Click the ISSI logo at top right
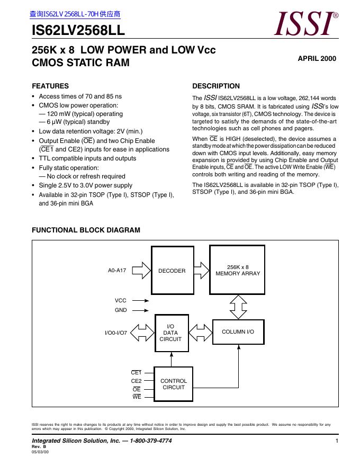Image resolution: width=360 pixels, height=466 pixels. (x=306, y=24)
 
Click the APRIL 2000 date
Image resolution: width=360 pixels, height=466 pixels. (x=317, y=59)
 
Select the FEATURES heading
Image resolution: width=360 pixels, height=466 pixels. (x=50, y=86)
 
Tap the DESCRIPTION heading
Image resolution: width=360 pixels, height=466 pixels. (x=216, y=86)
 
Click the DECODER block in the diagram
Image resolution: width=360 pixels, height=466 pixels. (x=172, y=271)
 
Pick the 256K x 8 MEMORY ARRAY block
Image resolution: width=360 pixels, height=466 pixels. (x=238, y=270)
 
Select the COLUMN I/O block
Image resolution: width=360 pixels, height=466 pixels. (x=238, y=331)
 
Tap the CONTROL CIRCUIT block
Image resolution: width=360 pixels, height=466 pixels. (x=174, y=384)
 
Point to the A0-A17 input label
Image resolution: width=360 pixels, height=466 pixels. (x=117, y=271)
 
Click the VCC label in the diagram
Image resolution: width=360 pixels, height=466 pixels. (x=121, y=300)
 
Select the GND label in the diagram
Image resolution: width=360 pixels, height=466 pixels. (x=121, y=310)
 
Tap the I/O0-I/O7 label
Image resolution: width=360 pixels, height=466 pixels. (x=116, y=333)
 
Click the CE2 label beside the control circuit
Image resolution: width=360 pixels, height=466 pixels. (x=136, y=381)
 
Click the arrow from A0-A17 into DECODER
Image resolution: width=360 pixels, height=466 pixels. (x=141, y=271)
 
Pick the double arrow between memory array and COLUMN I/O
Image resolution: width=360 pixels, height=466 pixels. (x=238, y=306)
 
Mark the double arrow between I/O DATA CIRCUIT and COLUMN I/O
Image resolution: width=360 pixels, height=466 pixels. (x=200, y=332)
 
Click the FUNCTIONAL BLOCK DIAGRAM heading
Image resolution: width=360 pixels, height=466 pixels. (x=86, y=230)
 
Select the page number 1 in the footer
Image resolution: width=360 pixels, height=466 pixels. (x=337, y=441)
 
